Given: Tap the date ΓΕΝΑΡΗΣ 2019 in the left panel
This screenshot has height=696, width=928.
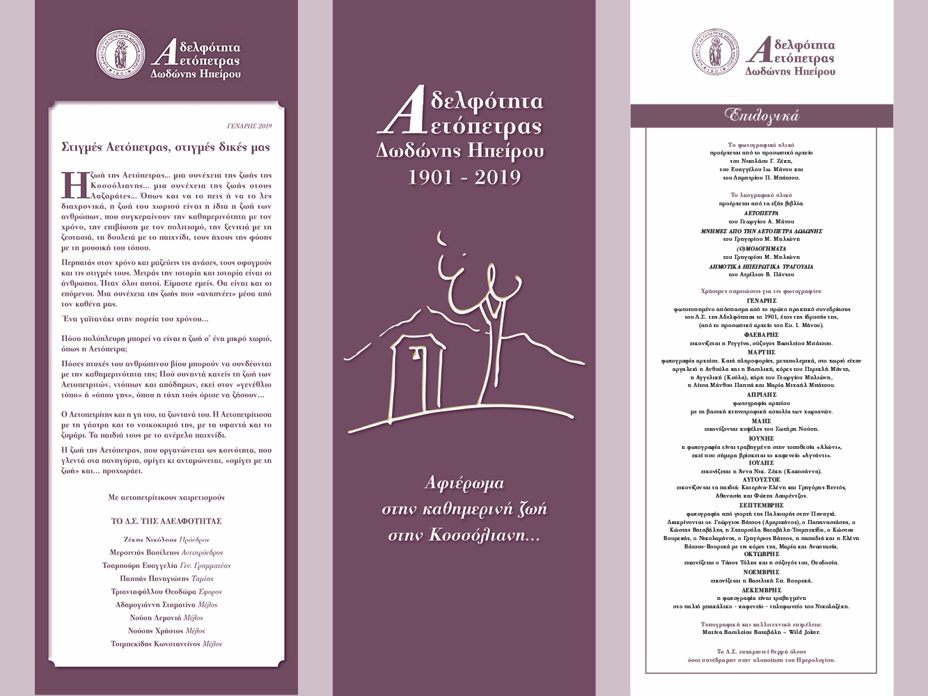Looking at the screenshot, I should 249,127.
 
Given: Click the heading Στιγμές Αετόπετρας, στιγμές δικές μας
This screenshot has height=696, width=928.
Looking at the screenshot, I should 166,148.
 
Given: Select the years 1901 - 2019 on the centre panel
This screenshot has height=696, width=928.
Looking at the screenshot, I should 464,177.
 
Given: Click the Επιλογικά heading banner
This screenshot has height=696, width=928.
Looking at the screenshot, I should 761,115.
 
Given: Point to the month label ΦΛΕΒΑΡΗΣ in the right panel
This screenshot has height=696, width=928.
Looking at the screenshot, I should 760,335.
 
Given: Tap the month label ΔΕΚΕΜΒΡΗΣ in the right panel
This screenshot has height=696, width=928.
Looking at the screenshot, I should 760,589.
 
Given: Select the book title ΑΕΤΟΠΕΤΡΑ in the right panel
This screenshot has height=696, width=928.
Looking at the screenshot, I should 760,212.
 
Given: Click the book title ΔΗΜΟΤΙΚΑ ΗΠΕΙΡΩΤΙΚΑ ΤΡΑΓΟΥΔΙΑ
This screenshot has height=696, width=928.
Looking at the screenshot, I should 760,267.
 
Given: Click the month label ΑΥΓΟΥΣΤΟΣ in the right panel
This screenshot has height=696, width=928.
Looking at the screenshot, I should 760,480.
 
